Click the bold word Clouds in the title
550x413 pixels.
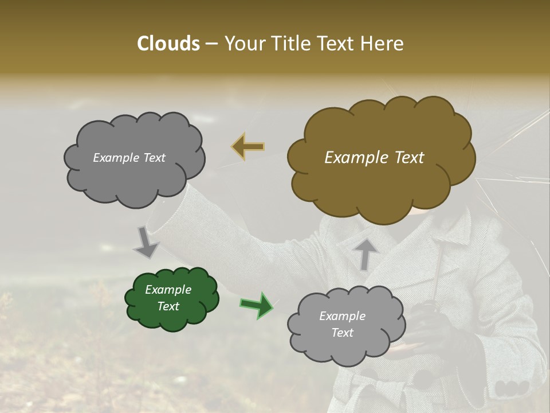click(x=168, y=44)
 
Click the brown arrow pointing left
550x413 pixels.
click(x=248, y=147)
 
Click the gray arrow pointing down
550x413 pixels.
click(x=146, y=243)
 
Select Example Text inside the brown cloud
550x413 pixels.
click(x=374, y=158)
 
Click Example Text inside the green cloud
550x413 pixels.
click(x=168, y=298)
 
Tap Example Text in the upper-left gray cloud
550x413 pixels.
click(x=129, y=158)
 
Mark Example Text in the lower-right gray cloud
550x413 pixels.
click(x=342, y=324)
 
